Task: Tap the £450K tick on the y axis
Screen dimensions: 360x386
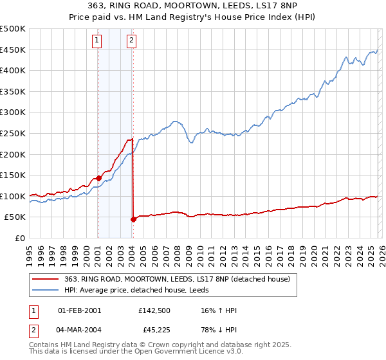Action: pos(13,50)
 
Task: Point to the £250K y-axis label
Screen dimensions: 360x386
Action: pos(13,133)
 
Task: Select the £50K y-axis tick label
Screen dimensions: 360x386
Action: pos(15,217)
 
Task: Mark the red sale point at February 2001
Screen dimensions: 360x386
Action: pos(98,178)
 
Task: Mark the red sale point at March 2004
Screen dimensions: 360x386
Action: pos(133,219)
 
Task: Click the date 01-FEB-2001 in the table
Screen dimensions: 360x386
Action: pos(79,310)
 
